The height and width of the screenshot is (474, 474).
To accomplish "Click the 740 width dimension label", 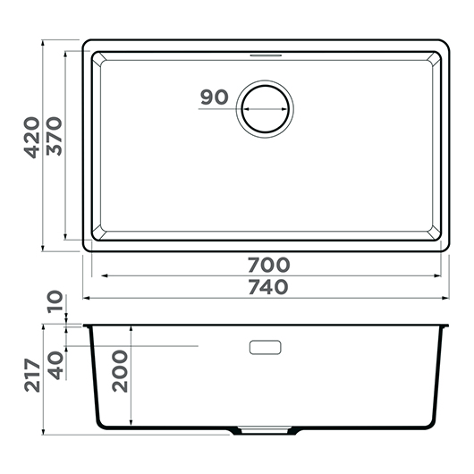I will point(268,287).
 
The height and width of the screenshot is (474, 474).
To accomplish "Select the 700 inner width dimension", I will point(268,265).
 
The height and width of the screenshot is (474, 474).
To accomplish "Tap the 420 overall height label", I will point(31,139).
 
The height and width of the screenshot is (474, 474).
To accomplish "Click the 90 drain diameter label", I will point(215,97).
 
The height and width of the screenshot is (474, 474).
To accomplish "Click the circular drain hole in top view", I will point(265,109).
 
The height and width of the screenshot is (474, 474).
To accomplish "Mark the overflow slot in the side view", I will point(265,346).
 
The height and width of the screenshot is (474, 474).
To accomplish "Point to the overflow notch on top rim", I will point(265,54).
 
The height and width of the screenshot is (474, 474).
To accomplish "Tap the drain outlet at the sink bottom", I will point(265,432).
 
